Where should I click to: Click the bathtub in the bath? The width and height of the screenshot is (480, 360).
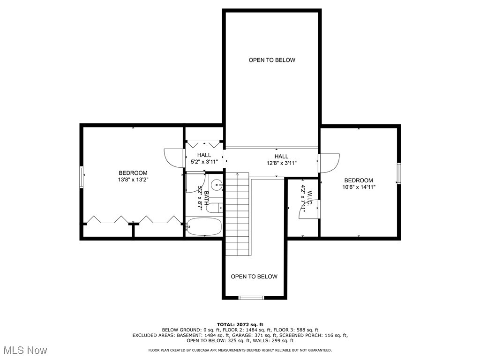coord(203,226)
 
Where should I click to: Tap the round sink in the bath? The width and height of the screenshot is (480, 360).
coord(217,185)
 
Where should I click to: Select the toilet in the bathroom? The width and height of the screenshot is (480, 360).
coord(214,208)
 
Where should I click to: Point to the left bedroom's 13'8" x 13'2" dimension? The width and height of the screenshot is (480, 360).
coord(133,180)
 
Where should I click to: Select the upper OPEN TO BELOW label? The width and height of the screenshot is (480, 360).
coord(272,60)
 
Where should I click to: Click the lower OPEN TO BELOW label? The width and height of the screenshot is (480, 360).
coord(254,277)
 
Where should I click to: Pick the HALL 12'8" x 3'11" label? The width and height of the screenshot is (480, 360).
coord(281,160)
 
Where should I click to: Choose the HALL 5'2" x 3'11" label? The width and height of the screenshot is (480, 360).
coord(204,158)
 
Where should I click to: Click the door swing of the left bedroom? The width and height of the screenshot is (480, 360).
coord(174,157)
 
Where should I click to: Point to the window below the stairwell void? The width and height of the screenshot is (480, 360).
coord(251,297)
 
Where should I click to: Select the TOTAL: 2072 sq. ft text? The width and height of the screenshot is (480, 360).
coord(240,324)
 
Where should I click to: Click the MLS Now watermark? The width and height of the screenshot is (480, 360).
coord(25,350)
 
